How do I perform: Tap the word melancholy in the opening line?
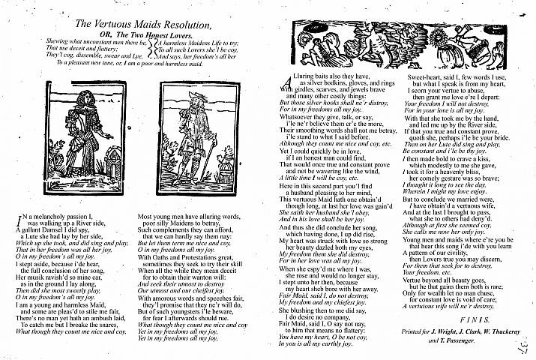coord(47,216)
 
